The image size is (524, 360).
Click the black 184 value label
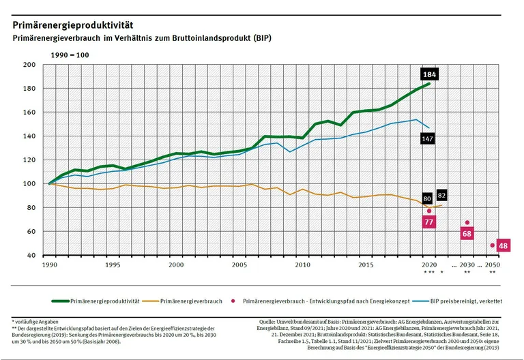(429, 74)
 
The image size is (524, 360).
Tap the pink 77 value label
(429, 222)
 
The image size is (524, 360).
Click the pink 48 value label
(504, 245)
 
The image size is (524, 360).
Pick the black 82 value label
(442, 196)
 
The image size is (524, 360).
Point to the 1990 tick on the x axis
(49, 265)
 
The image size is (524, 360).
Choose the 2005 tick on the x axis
(239, 265)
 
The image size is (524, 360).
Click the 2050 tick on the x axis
(493, 265)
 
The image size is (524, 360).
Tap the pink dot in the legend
(234, 300)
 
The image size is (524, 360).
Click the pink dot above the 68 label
(467, 222)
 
